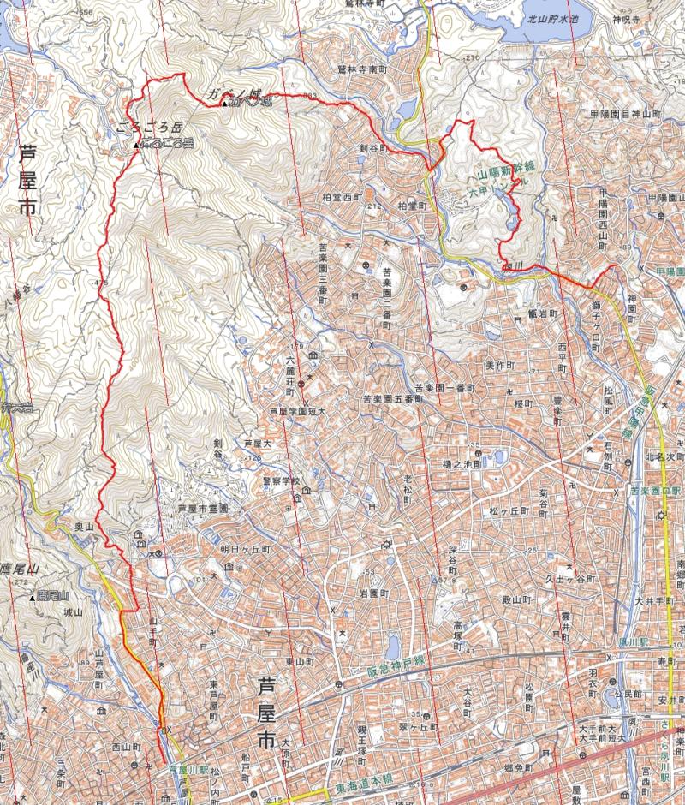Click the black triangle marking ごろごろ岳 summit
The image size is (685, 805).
point(136,146)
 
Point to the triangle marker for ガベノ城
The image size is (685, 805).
point(224,104)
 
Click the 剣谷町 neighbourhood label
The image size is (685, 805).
point(373,148)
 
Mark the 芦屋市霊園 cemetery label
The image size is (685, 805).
point(204,509)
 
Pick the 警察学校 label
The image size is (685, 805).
point(284,481)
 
